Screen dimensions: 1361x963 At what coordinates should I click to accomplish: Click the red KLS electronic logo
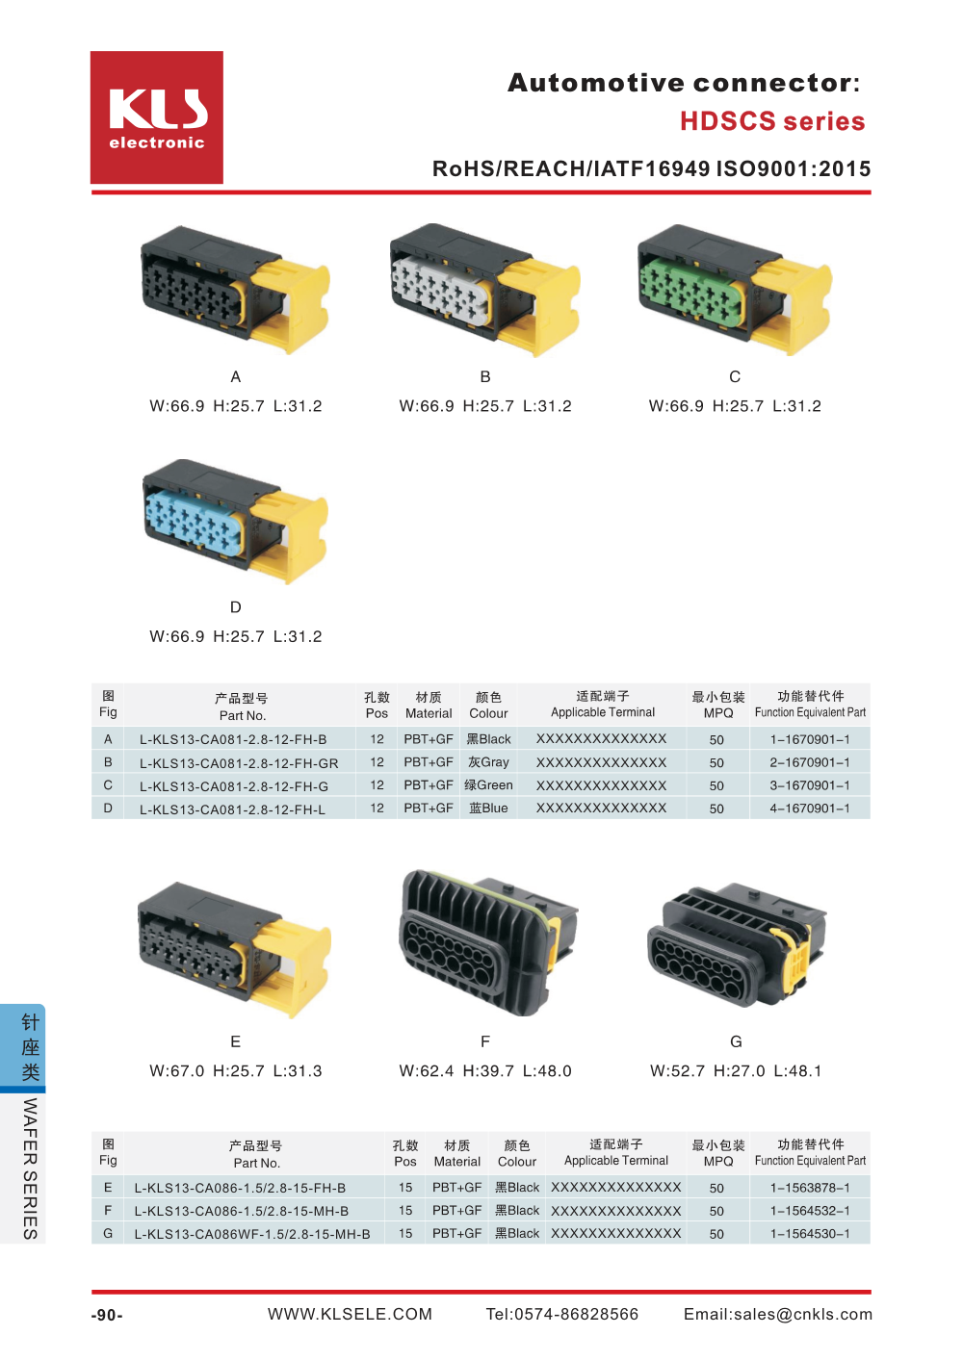[157, 117]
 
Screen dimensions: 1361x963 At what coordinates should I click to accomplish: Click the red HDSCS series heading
[772, 121]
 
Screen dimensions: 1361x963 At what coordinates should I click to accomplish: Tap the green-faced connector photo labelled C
[734, 289]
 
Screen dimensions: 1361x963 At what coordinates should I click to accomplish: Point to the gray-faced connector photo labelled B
[484, 289]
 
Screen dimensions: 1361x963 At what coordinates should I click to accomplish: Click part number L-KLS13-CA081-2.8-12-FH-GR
[239, 762]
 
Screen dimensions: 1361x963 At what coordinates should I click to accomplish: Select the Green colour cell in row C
[489, 785]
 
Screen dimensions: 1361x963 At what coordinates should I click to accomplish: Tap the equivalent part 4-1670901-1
[810, 809]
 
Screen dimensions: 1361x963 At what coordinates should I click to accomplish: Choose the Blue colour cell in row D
[488, 809]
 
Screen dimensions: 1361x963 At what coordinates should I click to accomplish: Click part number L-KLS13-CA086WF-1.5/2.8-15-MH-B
[252, 1234]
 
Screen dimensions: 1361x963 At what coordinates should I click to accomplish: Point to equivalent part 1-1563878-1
[810, 1188]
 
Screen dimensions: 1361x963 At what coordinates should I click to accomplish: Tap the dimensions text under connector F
[485, 1071]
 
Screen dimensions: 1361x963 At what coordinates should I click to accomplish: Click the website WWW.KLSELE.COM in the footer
[350, 1315]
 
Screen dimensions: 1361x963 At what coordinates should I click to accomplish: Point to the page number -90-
[107, 1316]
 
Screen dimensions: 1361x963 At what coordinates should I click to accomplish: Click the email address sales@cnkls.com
[778, 1315]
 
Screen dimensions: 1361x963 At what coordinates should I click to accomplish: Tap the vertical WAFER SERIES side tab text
[30, 1168]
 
